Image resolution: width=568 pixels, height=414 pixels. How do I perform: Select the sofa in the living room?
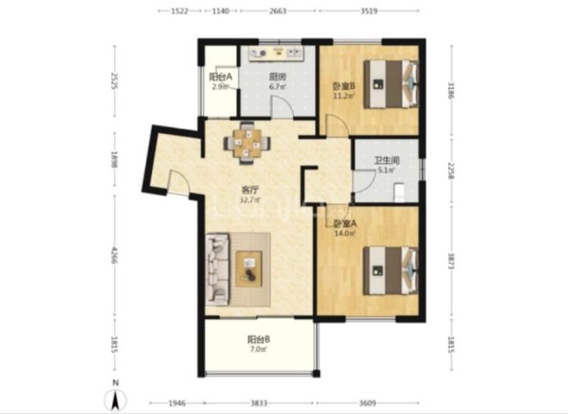tap(217, 269)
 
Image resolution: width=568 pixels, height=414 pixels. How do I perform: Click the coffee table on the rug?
tap(249, 268)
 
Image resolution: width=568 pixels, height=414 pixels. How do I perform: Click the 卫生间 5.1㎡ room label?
tap(386, 165)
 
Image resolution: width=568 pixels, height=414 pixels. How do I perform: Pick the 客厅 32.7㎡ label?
tap(249, 195)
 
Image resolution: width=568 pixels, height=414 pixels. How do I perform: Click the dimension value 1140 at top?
tap(220, 11)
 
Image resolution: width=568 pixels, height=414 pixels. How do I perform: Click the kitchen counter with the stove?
tap(276, 53)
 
